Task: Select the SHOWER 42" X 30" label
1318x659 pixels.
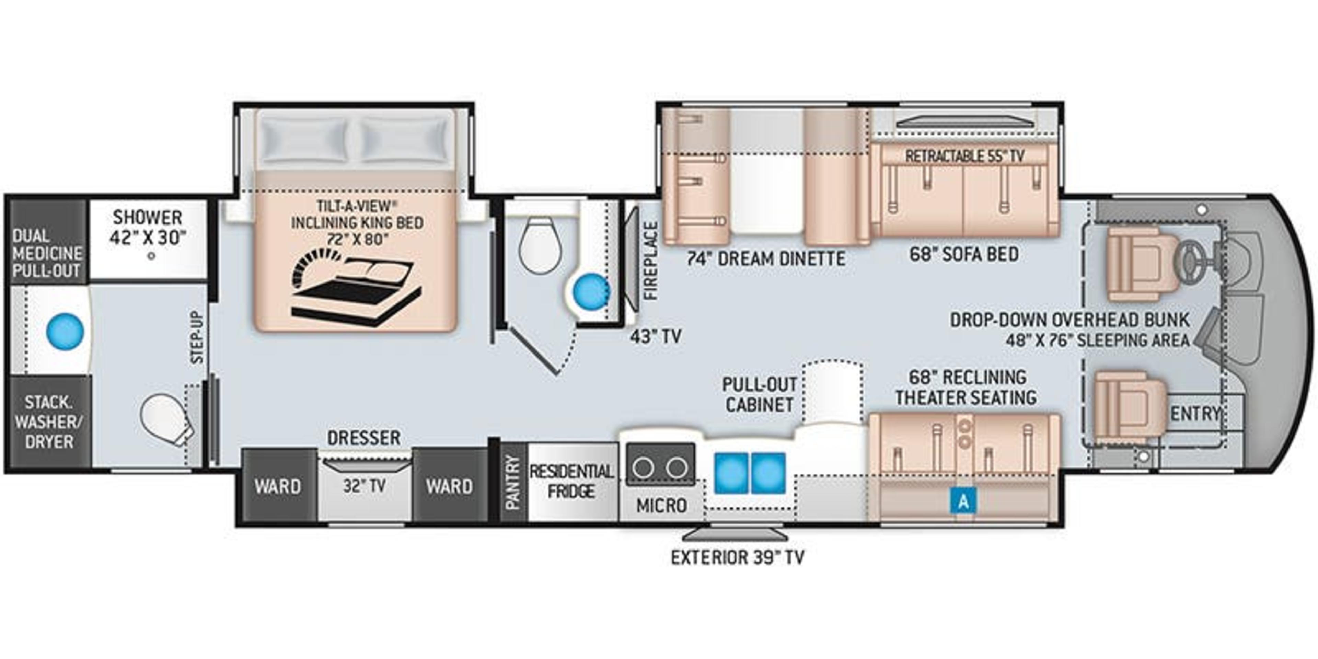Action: click(x=147, y=228)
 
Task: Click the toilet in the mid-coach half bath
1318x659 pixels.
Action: click(x=540, y=245)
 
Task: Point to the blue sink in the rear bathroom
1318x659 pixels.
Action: click(x=65, y=332)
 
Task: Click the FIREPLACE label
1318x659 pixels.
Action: click(x=650, y=261)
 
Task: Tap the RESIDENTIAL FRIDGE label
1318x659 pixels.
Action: click(x=571, y=481)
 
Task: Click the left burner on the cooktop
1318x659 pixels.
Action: click(x=643, y=467)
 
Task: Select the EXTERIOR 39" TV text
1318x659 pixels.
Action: click(x=737, y=557)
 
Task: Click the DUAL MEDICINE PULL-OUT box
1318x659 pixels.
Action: click(x=47, y=253)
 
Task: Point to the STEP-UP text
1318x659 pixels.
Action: click(x=197, y=338)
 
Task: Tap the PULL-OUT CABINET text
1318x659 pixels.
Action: click(x=759, y=394)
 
